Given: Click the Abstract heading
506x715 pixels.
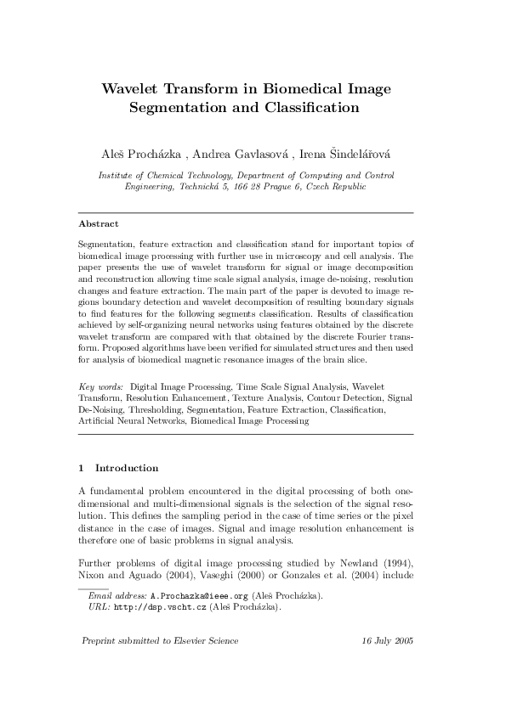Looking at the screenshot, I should click(98, 224).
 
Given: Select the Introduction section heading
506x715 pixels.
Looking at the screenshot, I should click(127, 468).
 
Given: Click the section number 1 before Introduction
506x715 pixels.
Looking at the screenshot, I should click(81, 468).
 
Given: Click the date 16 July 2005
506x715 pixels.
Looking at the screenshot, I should click(387, 640).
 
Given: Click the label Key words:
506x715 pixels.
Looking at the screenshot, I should click(100, 386).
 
